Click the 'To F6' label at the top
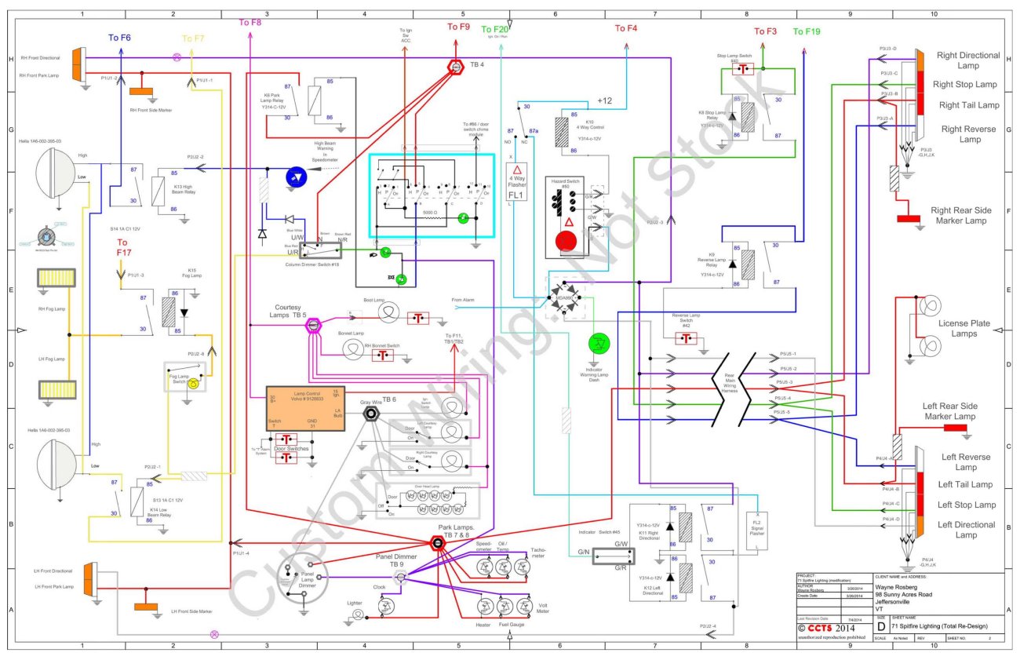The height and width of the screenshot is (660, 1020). click(x=119, y=38)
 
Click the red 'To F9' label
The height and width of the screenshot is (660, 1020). click(x=458, y=27)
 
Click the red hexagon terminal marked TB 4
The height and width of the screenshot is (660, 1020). click(x=454, y=67)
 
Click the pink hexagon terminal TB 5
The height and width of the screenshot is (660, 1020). click(x=312, y=324)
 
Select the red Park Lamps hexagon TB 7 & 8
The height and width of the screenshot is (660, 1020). click(x=435, y=542)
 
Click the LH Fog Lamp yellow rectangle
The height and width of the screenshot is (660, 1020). click(x=56, y=389)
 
